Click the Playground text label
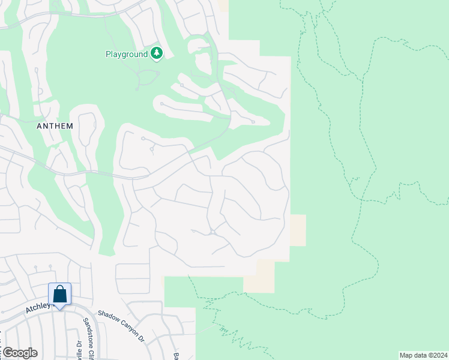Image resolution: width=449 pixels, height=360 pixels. pos(127,54)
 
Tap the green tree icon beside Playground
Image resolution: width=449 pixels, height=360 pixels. pos(157,54)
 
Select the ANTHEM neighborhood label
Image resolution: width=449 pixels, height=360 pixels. pos(55,126)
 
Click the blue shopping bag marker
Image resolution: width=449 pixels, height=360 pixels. pos(59,295)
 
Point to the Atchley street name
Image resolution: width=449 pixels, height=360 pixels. pos(37,307)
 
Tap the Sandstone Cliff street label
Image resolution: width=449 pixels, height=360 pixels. pos(88,339)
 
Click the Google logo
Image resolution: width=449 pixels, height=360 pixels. pos(19,352)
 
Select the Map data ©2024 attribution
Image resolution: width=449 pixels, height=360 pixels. pos(423,355)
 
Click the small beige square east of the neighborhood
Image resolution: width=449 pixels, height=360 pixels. pos(298,230)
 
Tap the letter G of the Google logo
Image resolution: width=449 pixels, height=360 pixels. pos(7,352)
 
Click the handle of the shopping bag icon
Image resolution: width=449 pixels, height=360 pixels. pos(59,290)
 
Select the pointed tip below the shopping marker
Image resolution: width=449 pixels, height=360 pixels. pos(59,308)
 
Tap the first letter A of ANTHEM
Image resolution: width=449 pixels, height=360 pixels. pos(40,126)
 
